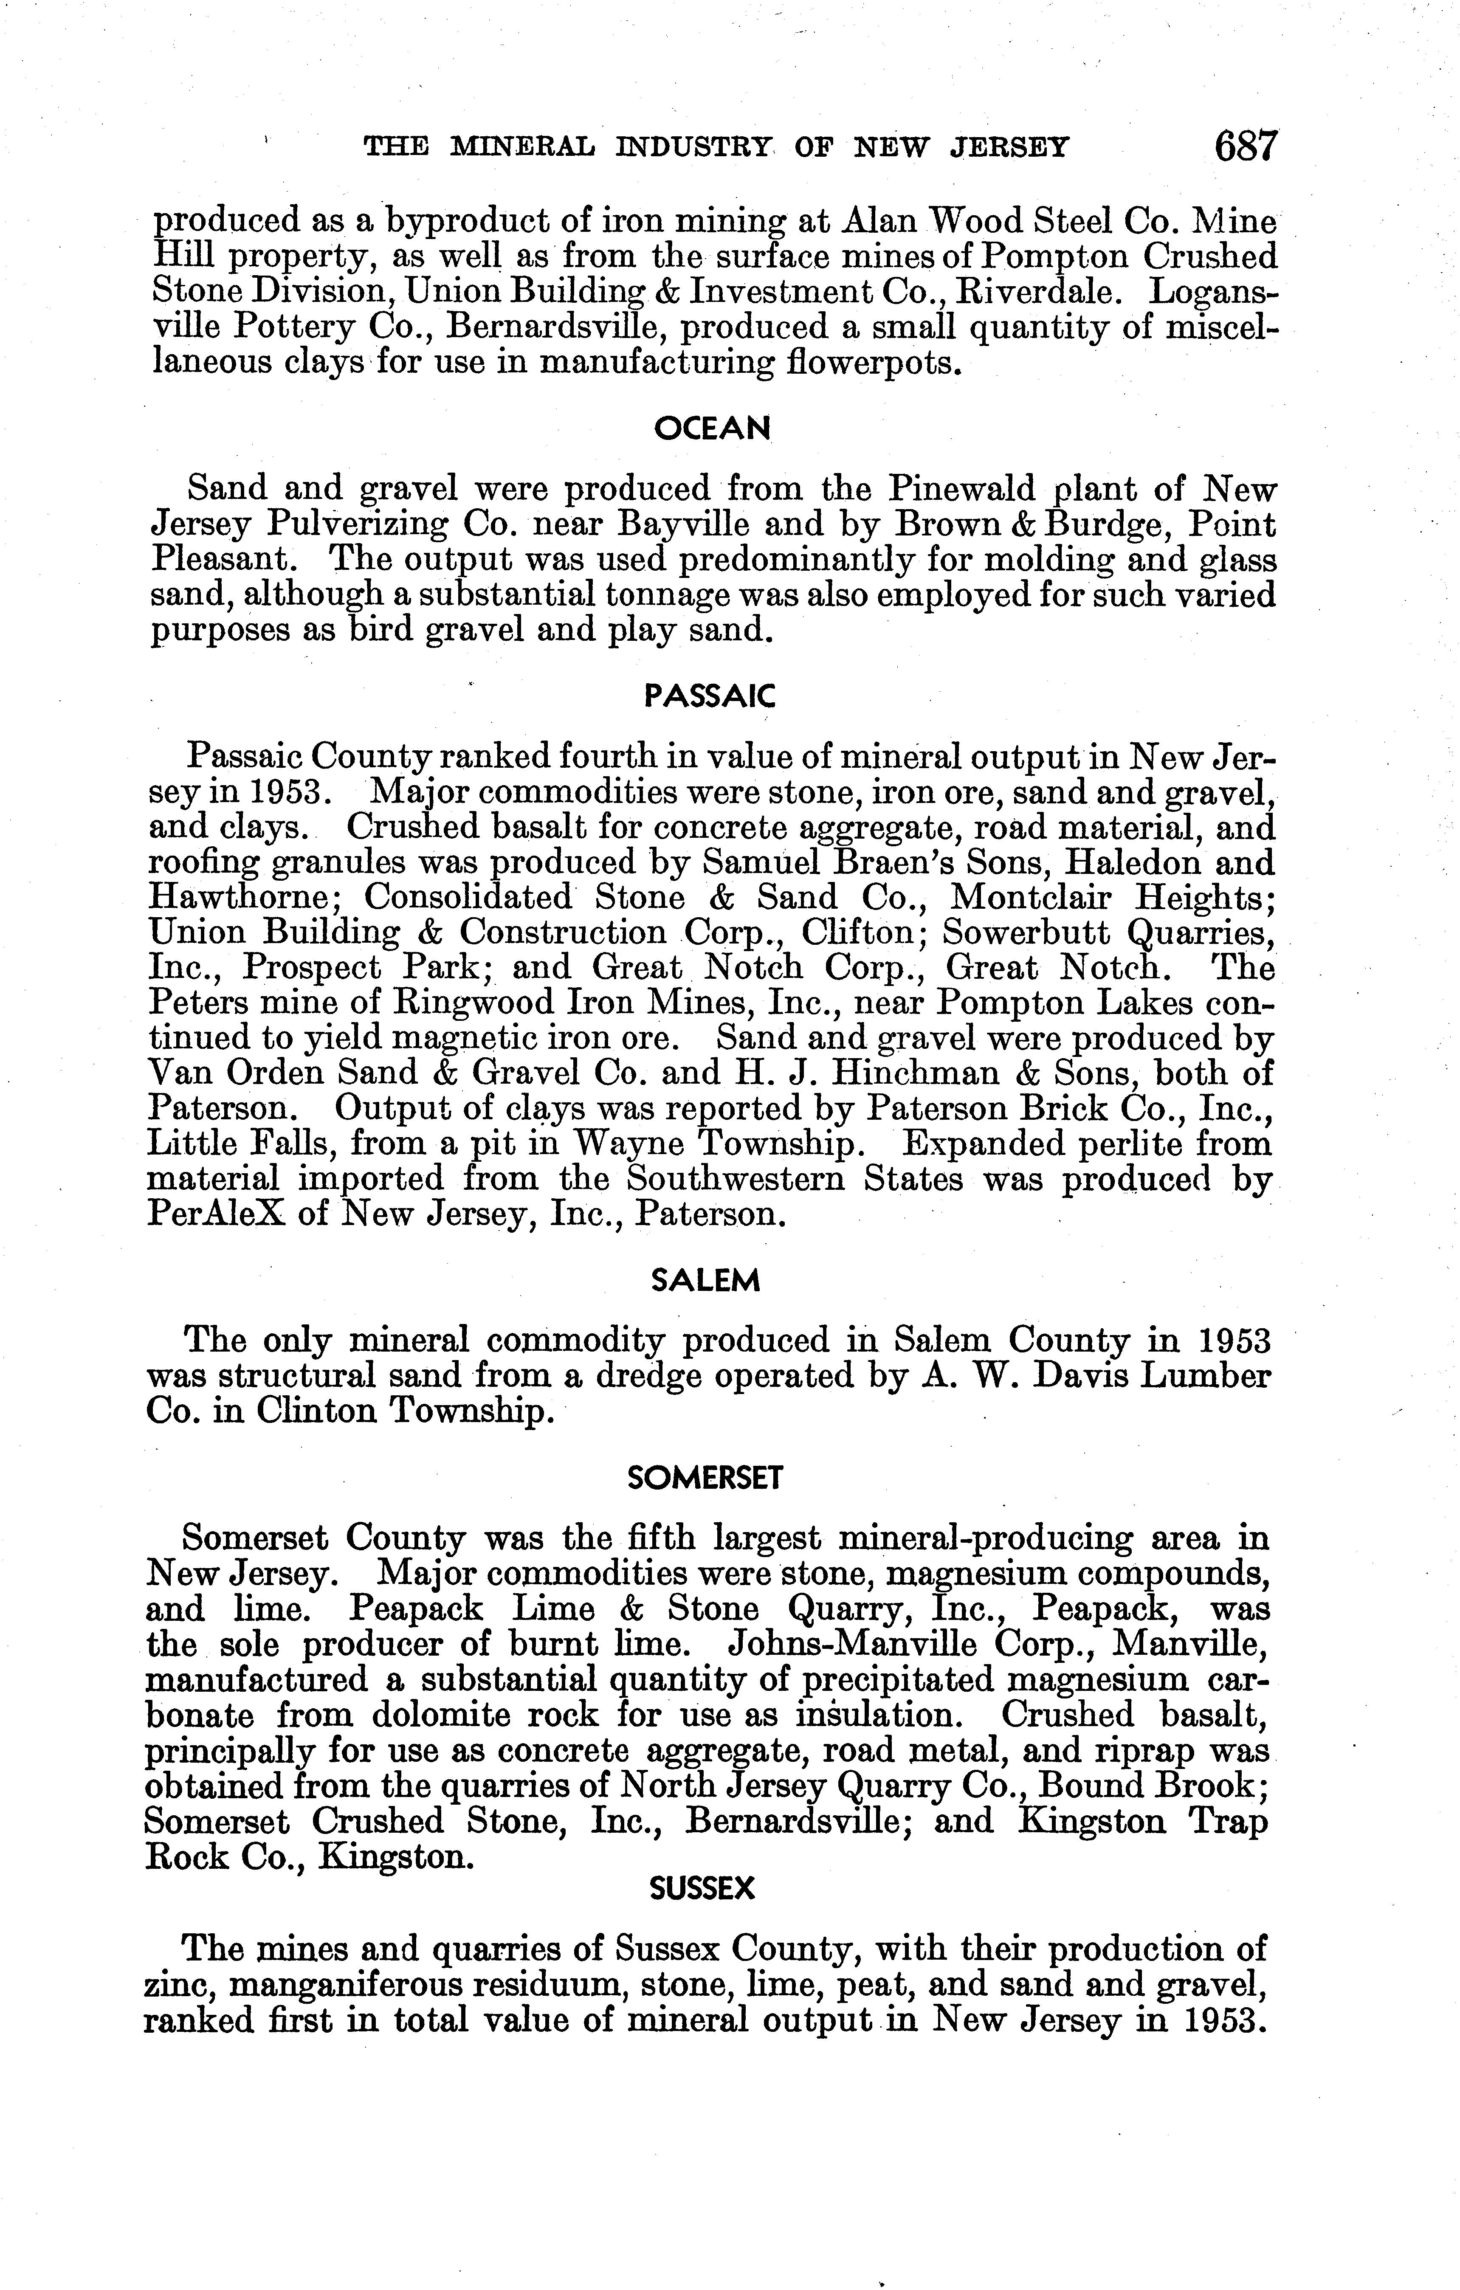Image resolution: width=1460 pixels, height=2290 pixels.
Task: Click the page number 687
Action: click(1245, 147)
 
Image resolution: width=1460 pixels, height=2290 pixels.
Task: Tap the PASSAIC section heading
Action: click(710, 697)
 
